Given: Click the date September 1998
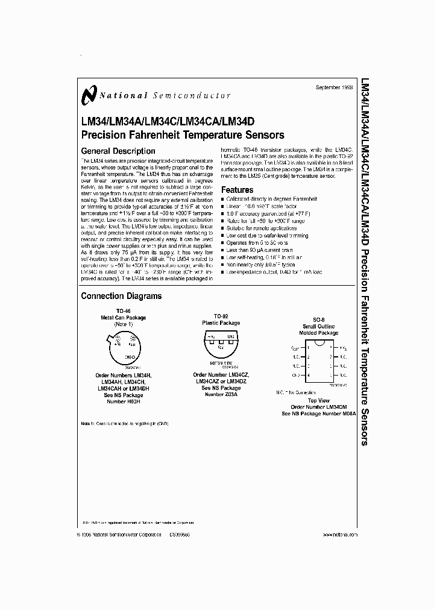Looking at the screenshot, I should click(x=336, y=88).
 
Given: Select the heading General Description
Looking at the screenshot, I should click(x=118, y=151).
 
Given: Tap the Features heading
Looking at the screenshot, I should click(x=237, y=190).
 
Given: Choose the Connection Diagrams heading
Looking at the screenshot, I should click(x=121, y=296).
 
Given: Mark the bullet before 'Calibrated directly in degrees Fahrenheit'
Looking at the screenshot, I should click(x=223, y=199).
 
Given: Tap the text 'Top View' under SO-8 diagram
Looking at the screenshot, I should click(x=319, y=400).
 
